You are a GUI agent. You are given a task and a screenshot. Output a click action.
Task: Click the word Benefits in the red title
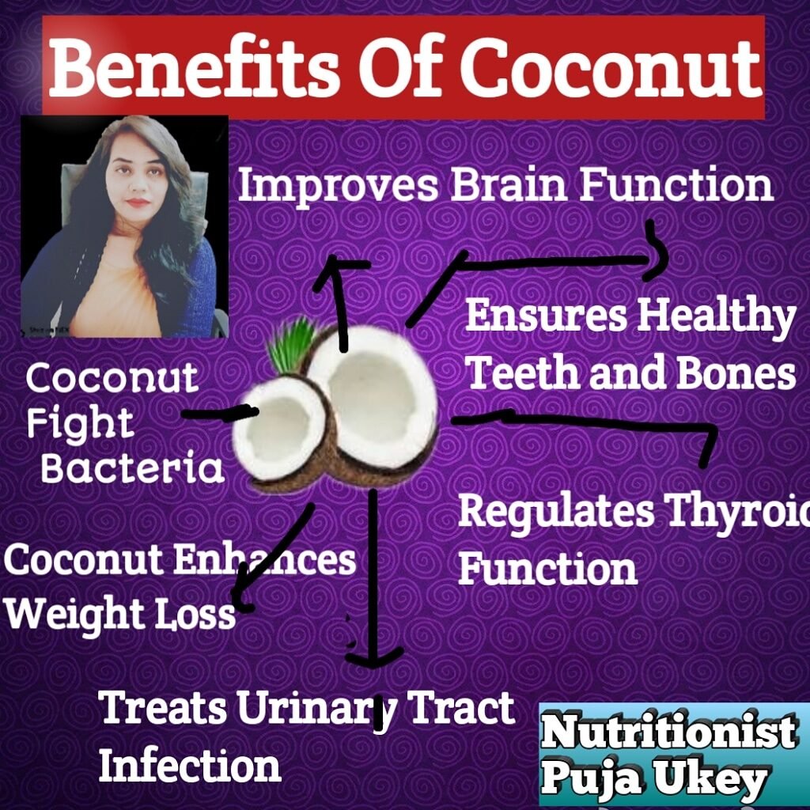point(194,67)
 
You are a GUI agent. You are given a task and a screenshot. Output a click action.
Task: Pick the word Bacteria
point(132,467)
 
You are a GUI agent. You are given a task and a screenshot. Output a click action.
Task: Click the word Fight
point(80,424)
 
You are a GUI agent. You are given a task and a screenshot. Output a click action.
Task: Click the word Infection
point(190,766)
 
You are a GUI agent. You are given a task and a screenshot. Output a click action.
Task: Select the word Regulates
point(556,513)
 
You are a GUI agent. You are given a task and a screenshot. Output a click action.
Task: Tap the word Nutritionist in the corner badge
point(668,732)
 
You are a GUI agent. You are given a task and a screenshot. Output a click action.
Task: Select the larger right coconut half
point(375,399)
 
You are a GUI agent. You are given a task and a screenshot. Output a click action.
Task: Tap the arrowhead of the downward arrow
point(374,658)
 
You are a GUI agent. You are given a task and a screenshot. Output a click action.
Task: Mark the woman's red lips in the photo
point(138,202)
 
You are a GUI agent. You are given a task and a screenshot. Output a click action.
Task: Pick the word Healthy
point(715,316)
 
